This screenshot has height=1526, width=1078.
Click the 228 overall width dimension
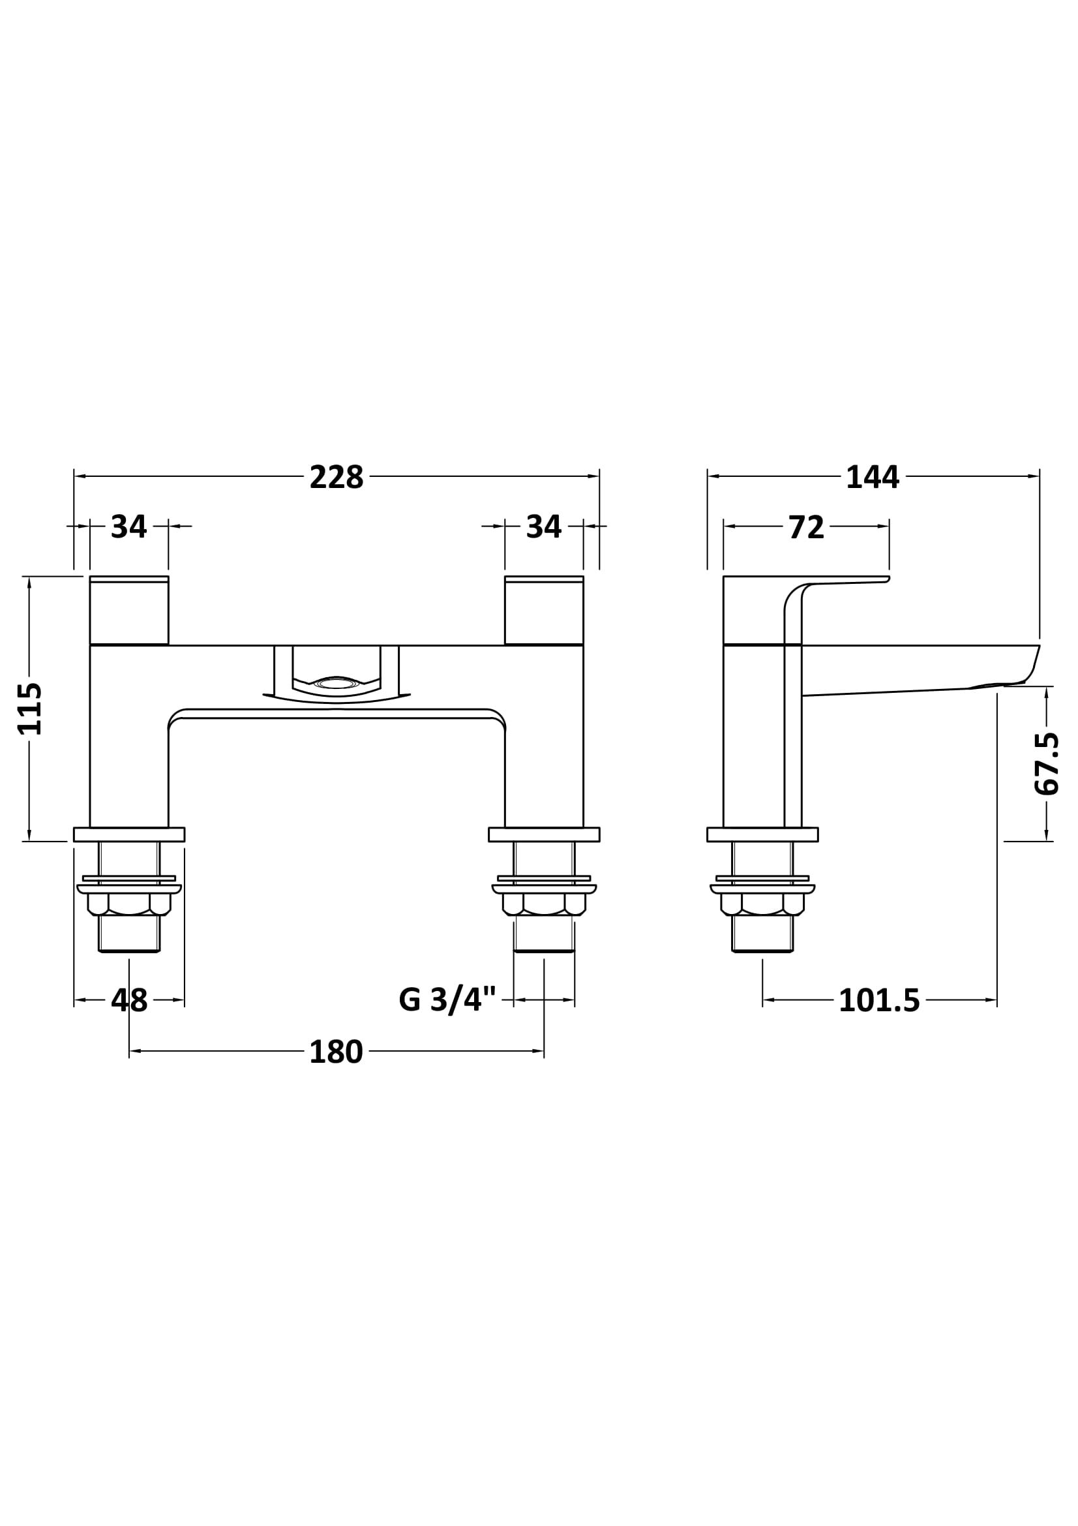tap(337, 477)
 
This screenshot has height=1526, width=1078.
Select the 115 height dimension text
tap(30, 709)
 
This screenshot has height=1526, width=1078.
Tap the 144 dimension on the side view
tap(872, 477)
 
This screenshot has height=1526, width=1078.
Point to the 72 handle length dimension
tap(806, 527)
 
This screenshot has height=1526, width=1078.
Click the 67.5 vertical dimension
tap(1047, 764)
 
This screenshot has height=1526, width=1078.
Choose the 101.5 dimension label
tap(879, 1001)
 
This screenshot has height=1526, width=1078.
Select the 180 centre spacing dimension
tap(336, 1052)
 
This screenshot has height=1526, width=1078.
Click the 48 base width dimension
tap(129, 1001)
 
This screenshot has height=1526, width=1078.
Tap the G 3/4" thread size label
tap(447, 1001)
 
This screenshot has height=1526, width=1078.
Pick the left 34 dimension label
tap(129, 527)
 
